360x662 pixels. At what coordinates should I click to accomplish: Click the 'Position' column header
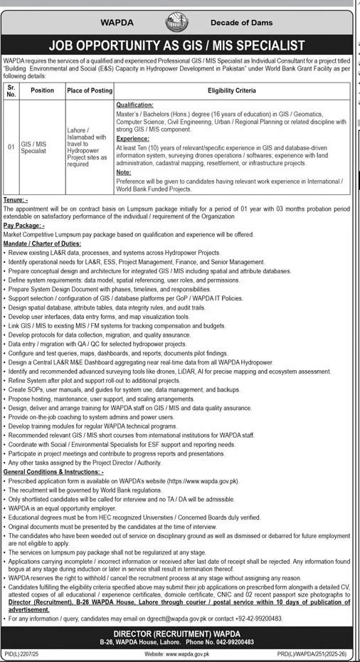tap(43, 90)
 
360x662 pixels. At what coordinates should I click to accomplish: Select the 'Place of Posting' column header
tap(86, 90)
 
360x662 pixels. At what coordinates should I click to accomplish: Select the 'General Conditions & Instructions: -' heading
tap(54, 471)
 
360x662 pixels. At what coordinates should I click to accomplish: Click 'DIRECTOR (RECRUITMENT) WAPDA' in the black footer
tap(179, 632)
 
